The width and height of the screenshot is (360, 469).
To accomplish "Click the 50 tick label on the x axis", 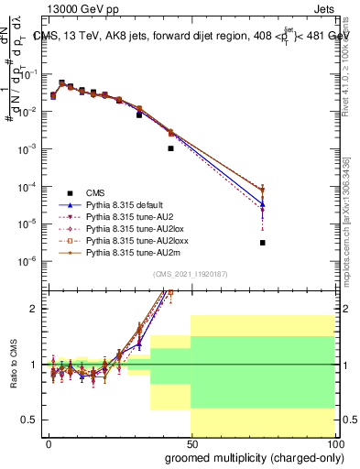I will pos(191,441).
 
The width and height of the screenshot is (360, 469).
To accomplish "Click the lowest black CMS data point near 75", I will pos(262,243).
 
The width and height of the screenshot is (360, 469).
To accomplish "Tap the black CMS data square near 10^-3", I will pos(170,147).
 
